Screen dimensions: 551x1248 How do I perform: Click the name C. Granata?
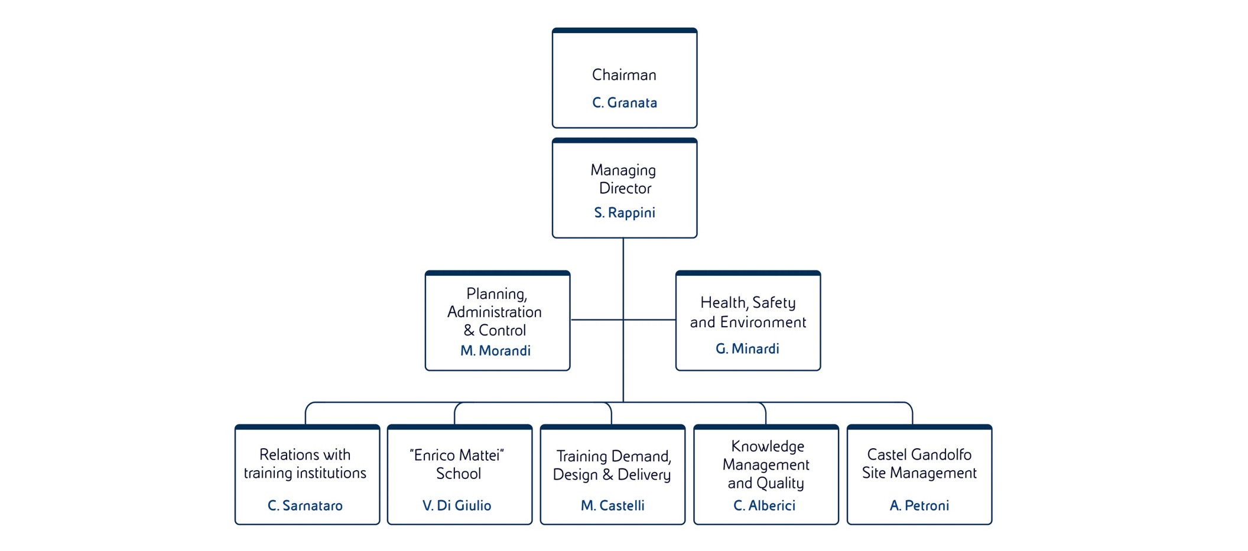624,103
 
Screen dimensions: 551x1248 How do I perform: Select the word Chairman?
624,75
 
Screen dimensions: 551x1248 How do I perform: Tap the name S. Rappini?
624,213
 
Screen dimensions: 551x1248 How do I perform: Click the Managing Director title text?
624,179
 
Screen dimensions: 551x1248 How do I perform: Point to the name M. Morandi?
495,351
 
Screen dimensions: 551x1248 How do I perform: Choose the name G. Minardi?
747,349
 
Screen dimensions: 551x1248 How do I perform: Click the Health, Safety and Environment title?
747,312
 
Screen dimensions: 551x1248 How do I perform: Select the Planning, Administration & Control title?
495,312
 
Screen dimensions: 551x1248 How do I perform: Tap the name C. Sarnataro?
305,506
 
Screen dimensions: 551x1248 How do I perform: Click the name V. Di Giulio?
457,506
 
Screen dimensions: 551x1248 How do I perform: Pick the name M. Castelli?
612,506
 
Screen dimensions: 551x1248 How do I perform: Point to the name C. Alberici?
764,506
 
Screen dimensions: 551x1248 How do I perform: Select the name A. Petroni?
919,506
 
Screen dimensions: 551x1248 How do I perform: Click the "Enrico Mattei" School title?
457,464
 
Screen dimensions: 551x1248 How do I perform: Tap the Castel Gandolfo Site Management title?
919,464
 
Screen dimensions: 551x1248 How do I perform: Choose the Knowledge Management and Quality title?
766,465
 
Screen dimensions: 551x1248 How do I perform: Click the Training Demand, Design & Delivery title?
612,465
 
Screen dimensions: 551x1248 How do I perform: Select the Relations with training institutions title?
305,464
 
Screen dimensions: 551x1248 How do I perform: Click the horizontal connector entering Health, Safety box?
650,320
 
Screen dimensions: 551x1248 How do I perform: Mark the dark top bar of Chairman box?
624,31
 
